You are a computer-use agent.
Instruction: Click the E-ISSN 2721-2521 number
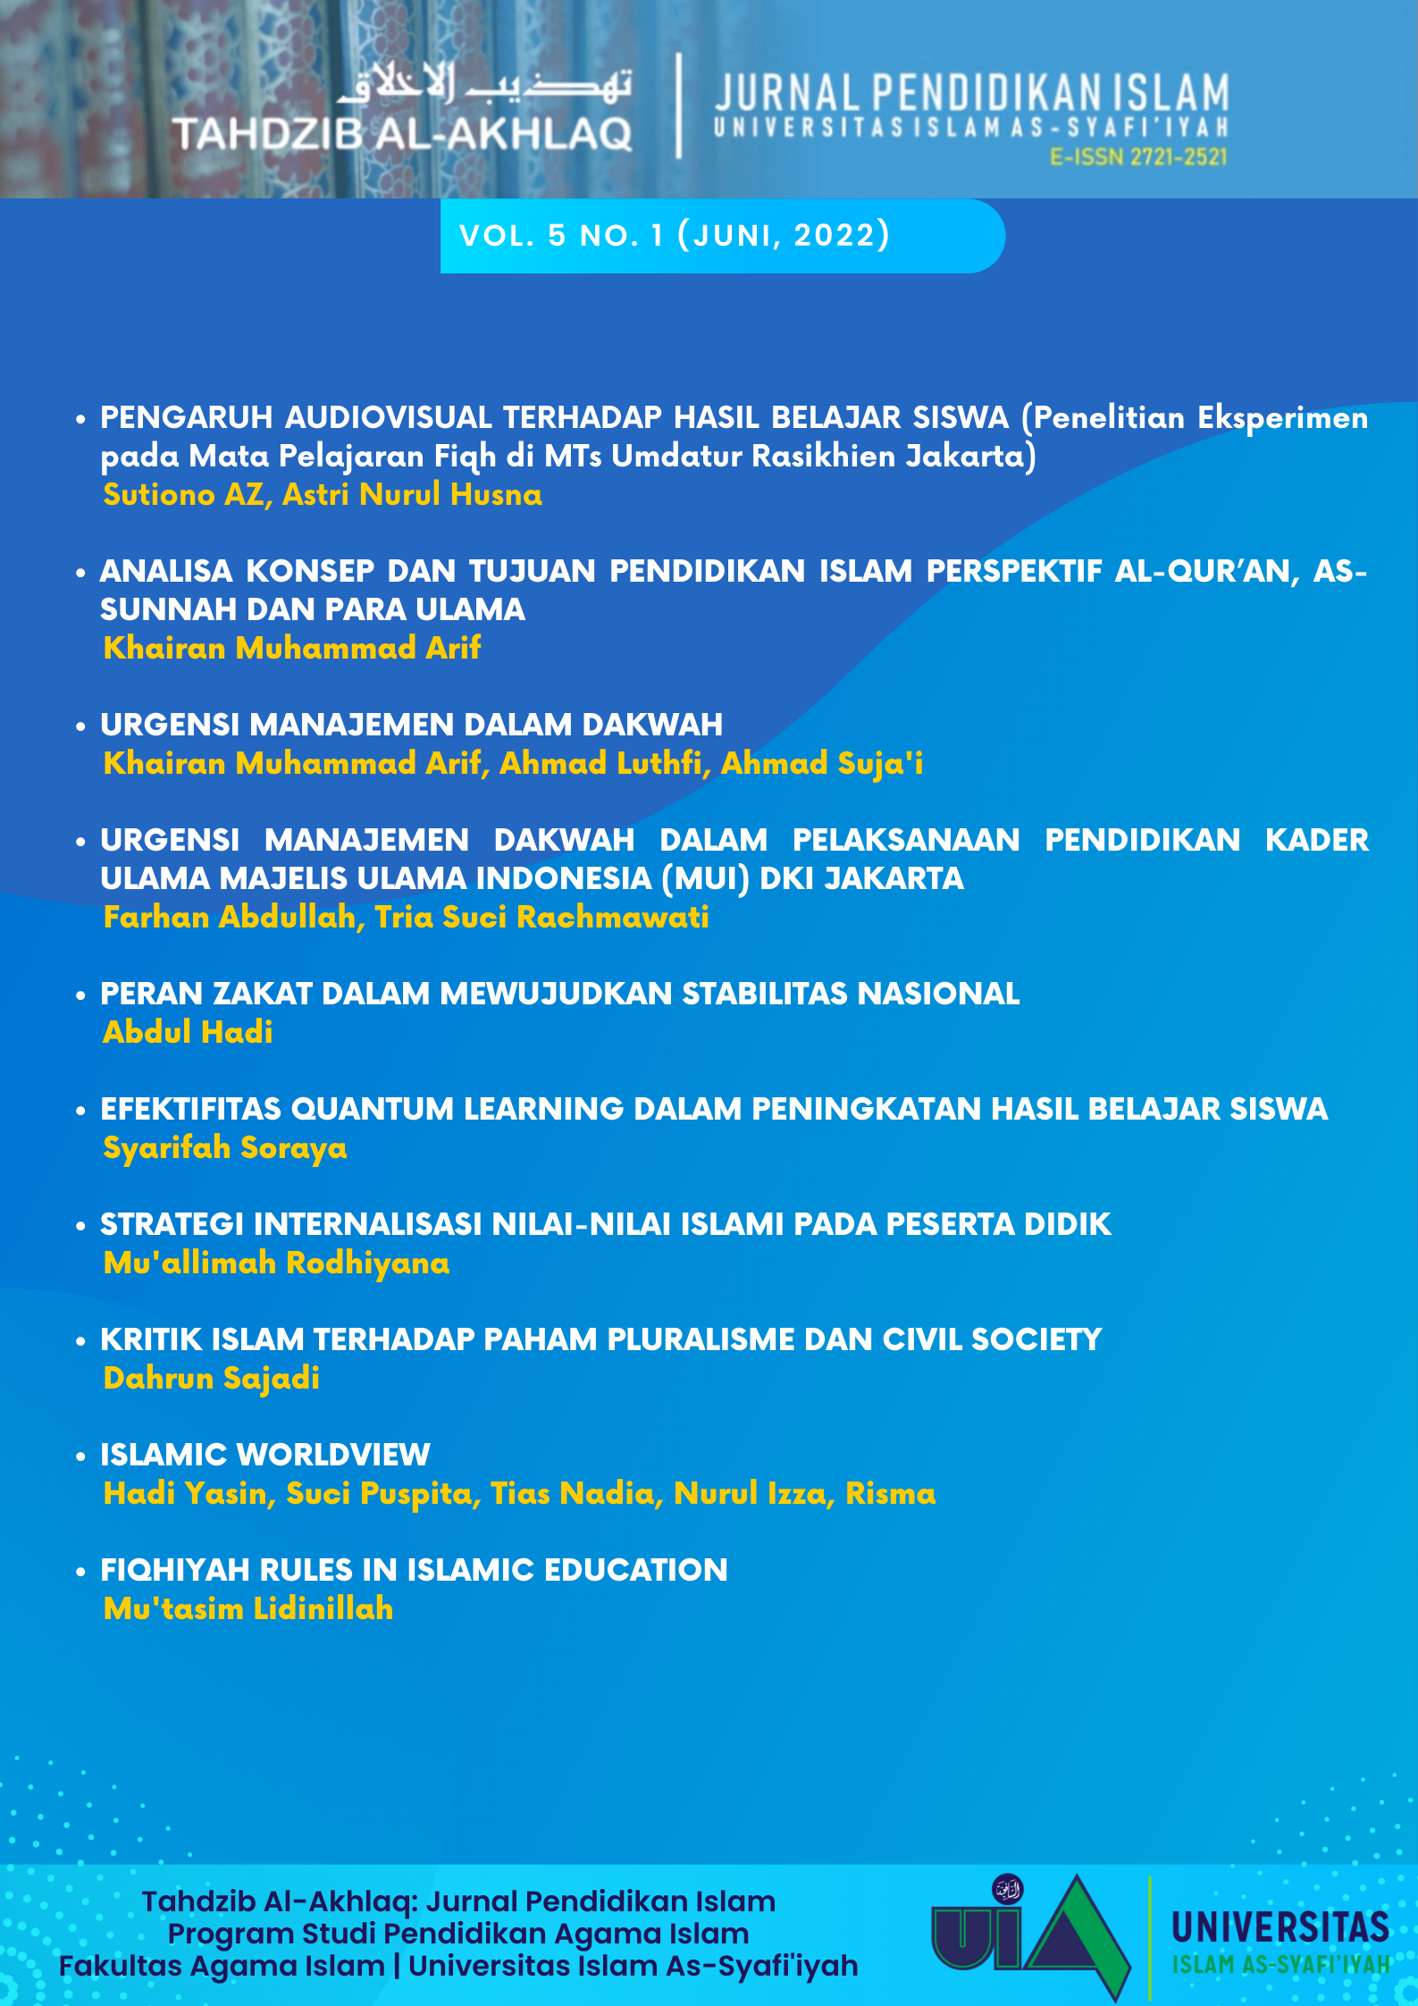point(1138,157)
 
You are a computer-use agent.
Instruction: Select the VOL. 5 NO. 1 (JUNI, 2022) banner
point(675,236)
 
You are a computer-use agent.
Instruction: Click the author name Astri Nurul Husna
point(412,494)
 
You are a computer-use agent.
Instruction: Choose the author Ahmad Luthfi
point(600,763)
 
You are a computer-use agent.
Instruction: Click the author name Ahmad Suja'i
point(821,763)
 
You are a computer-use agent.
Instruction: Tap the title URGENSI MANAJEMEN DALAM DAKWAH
point(411,725)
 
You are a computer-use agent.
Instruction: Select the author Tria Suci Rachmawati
point(541,917)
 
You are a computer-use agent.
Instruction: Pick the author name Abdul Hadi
point(188,1032)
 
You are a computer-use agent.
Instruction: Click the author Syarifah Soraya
point(225,1147)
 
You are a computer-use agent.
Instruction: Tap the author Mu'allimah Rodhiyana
point(276,1263)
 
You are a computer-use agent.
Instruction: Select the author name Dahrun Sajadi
point(212,1378)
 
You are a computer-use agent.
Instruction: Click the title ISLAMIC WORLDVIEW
point(265,1455)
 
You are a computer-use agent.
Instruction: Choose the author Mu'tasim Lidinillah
point(248,1608)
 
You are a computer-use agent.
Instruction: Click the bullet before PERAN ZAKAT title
point(80,995)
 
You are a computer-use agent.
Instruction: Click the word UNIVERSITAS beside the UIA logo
point(1280,1927)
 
